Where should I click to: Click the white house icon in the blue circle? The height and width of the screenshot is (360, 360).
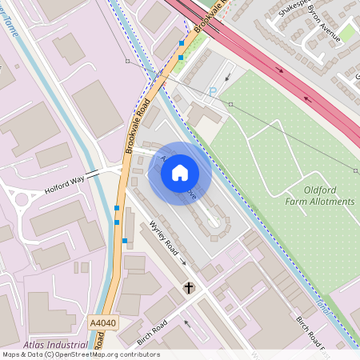(180, 173)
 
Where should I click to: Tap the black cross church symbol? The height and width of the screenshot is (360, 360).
(190, 287)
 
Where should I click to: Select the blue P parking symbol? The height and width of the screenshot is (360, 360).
(213, 92)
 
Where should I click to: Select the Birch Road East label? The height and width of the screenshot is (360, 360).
(312, 333)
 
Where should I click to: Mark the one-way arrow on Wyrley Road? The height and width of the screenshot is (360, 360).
(183, 262)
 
